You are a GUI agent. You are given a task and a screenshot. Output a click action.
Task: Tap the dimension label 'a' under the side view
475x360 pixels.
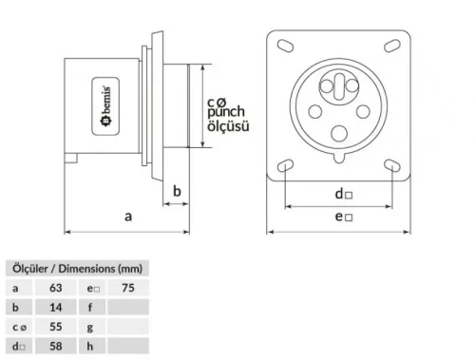[127, 217]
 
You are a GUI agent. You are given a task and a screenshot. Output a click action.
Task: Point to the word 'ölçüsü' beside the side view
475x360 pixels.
[228, 125]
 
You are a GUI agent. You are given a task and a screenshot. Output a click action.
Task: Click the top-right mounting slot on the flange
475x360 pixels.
[391, 47]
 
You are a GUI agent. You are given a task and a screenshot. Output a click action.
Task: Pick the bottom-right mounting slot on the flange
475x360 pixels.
[391, 165]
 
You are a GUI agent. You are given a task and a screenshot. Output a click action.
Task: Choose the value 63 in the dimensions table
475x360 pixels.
[55, 287]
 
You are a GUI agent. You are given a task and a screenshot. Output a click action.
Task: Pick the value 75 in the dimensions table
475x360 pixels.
[128, 287]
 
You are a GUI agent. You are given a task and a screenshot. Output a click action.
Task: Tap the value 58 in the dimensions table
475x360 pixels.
[55, 344]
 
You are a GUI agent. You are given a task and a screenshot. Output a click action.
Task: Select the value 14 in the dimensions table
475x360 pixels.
[55, 306]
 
